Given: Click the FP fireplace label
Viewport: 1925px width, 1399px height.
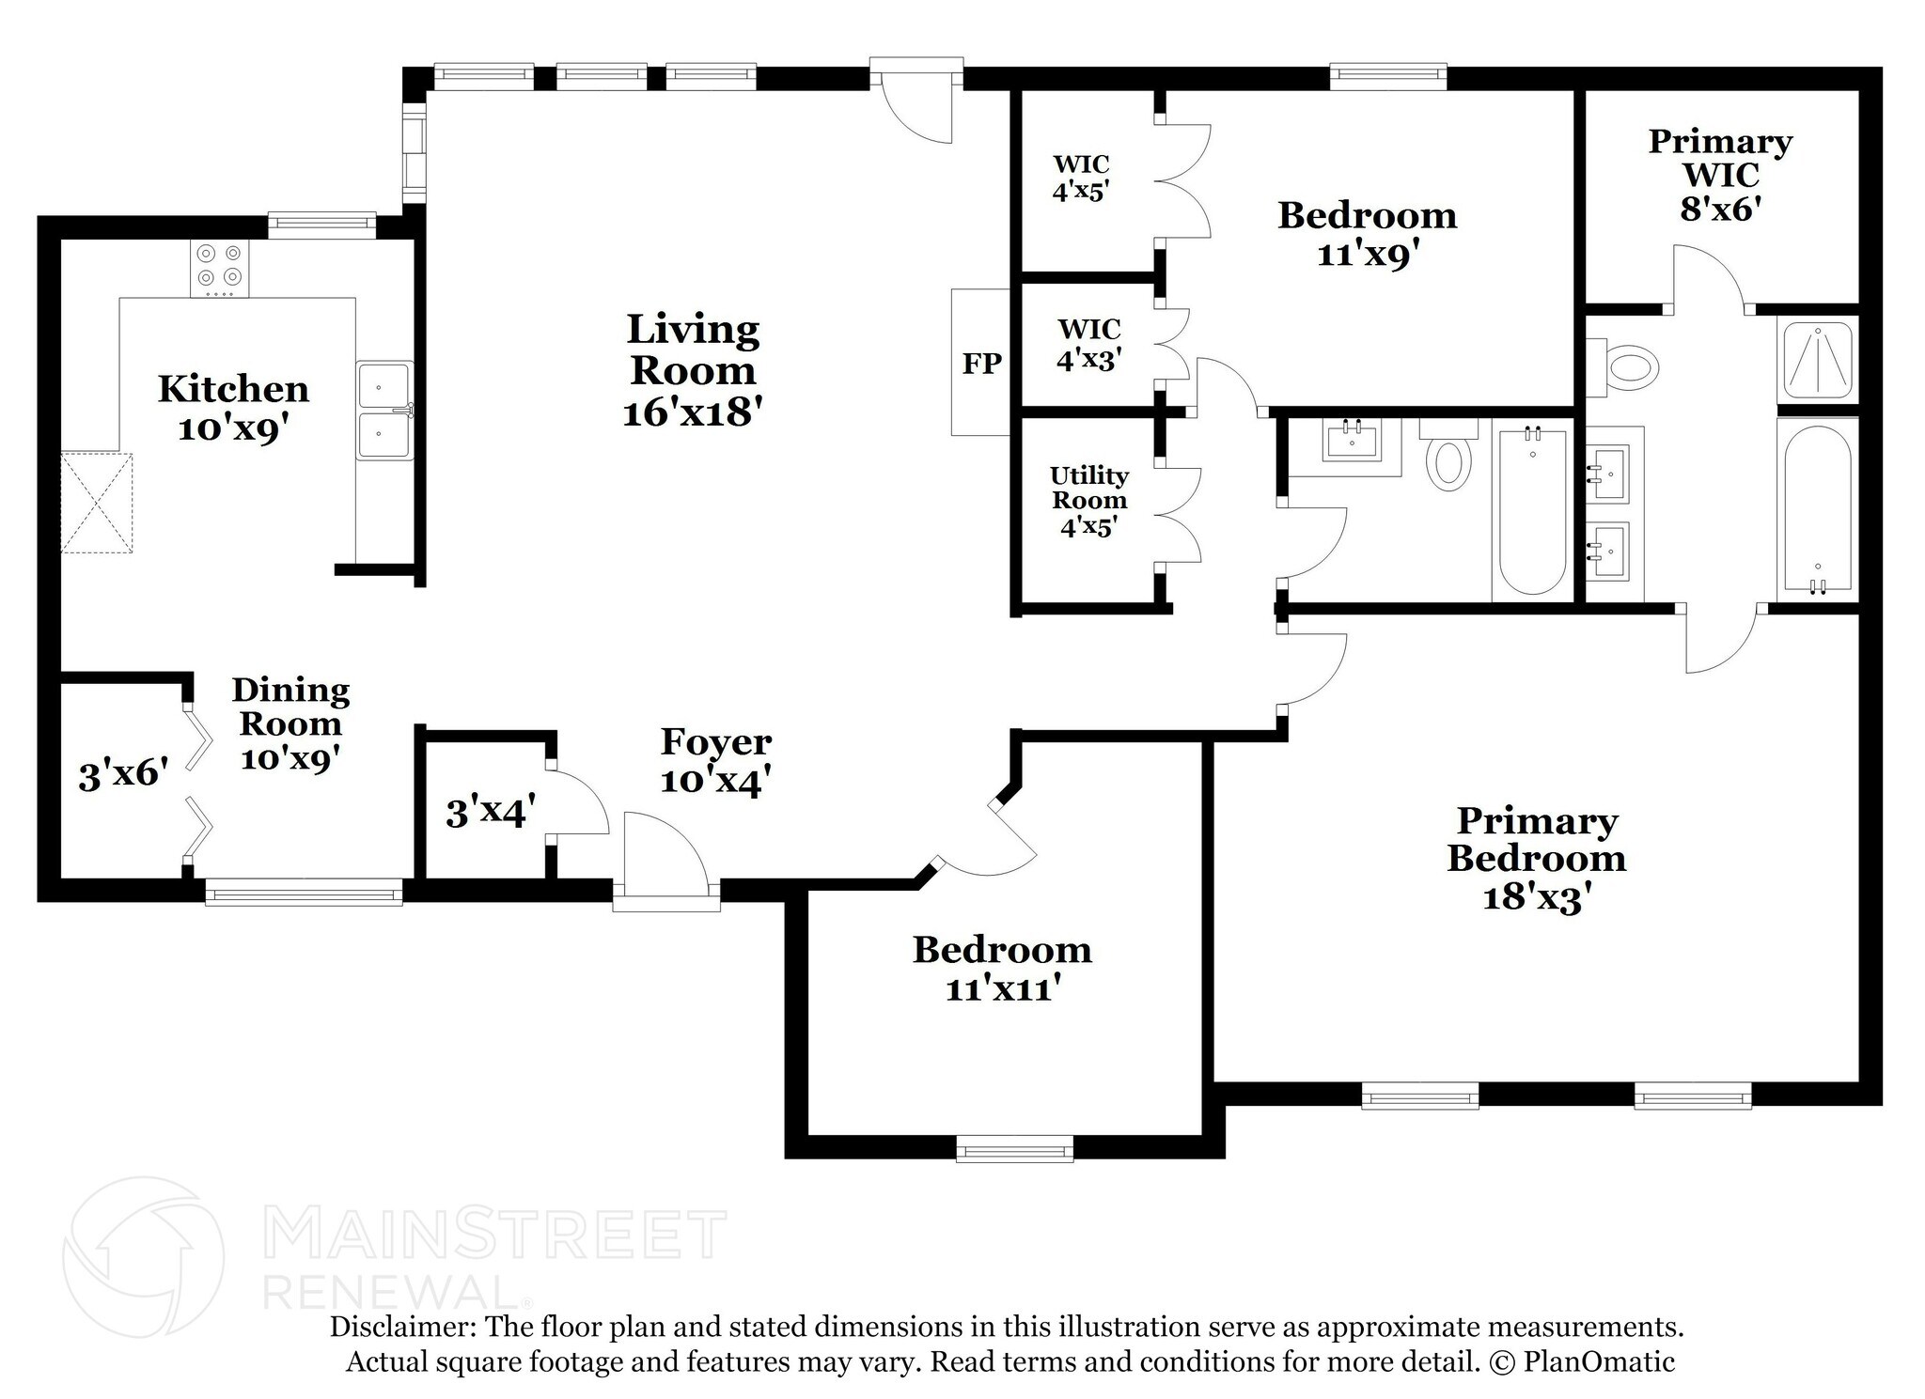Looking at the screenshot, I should (981, 363).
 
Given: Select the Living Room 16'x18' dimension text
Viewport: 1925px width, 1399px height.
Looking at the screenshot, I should (692, 412).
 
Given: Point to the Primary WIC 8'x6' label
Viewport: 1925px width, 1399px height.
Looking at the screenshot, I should (1720, 175).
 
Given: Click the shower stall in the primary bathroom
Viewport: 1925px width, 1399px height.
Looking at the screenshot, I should (1818, 362).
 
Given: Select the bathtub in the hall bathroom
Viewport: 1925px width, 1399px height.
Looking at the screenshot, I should (1532, 512).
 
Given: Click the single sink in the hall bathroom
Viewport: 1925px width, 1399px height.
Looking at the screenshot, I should (1353, 442).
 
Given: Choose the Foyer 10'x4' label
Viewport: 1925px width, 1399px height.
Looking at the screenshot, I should (716, 760).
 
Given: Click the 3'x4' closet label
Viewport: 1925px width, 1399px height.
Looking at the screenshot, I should (491, 812).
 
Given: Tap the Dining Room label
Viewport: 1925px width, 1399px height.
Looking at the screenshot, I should (290, 707).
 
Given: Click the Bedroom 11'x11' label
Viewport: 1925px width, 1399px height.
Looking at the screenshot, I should (1002, 968).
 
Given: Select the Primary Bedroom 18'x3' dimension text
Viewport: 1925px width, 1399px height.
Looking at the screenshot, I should (1536, 896).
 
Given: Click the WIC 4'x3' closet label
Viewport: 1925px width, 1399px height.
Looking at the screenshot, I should (1088, 344).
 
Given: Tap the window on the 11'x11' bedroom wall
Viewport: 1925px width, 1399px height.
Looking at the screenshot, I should (1014, 1148).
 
